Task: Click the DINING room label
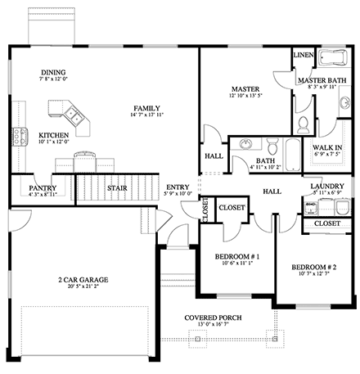[x=53, y=72]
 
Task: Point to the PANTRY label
[x=42, y=187]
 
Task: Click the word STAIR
[x=117, y=188]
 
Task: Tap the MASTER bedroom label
[x=245, y=88]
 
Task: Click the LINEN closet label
[x=302, y=56]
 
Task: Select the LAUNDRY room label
[x=326, y=187]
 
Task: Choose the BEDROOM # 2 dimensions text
[x=313, y=275]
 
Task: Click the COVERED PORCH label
[x=217, y=317]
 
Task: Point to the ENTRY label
[x=178, y=187]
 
